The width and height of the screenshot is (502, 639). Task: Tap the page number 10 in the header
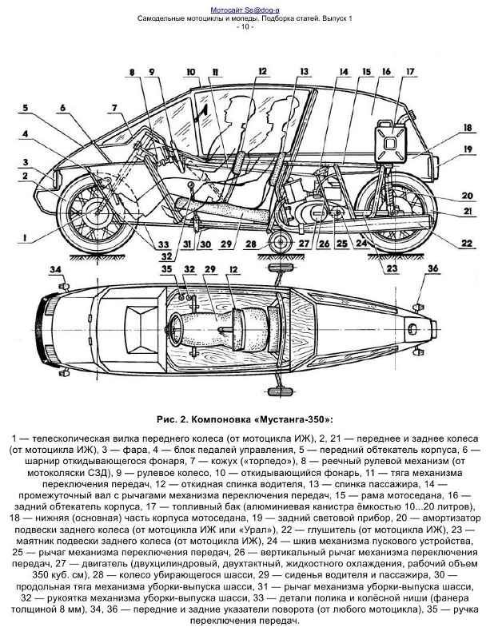pyautogui.click(x=245, y=27)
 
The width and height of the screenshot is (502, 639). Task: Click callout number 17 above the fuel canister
pyautogui.click(x=409, y=72)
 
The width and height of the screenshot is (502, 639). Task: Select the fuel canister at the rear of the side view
pyautogui.click(x=390, y=141)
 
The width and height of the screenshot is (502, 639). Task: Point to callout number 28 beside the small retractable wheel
pyautogui.click(x=252, y=244)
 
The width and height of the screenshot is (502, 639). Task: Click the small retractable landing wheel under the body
pyautogui.click(x=281, y=243)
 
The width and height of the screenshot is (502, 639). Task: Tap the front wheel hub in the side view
pyautogui.click(x=97, y=212)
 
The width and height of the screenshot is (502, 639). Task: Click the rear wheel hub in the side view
pyautogui.click(x=393, y=211)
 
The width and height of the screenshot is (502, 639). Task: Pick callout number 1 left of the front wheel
pyautogui.click(x=26, y=237)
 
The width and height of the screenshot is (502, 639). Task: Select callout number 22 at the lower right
pyautogui.click(x=467, y=243)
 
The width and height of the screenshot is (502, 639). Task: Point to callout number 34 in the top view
pyautogui.click(x=55, y=269)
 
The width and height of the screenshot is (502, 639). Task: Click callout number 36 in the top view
pyautogui.click(x=432, y=268)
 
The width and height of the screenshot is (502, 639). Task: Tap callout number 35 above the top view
pyautogui.click(x=167, y=269)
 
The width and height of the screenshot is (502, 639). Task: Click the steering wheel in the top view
pyautogui.click(x=174, y=329)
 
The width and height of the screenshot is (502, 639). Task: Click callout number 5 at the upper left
pyautogui.click(x=26, y=109)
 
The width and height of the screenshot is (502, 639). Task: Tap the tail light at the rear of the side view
pyautogui.click(x=435, y=168)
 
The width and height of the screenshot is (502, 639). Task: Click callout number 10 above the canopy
pyautogui.click(x=191, y=72)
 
